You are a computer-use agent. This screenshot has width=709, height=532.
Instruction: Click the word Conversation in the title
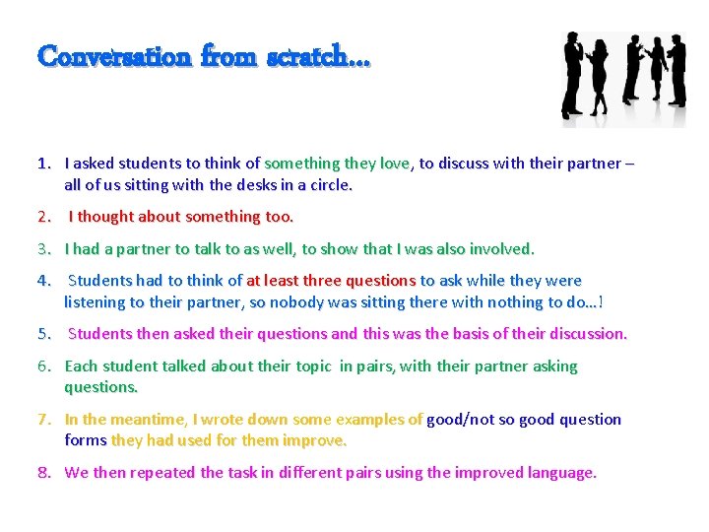point(113,56)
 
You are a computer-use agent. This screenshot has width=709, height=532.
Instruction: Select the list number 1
point(43,164)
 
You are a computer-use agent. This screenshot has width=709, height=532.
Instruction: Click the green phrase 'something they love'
point(337,164)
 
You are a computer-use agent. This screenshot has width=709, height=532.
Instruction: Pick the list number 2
point(43,216)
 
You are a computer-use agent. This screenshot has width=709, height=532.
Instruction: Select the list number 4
point(43,281)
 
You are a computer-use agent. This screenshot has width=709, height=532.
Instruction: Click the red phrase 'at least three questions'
point(331,281)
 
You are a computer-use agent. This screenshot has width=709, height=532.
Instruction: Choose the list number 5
point(43,333)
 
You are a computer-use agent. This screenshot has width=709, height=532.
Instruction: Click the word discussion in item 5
point(580,333)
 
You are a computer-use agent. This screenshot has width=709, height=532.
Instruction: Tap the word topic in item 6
point(313,366)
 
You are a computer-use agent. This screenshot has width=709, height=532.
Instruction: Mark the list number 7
point(43,420)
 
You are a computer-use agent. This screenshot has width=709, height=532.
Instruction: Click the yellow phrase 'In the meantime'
point(125,420)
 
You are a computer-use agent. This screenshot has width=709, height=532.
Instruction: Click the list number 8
point(43,472)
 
